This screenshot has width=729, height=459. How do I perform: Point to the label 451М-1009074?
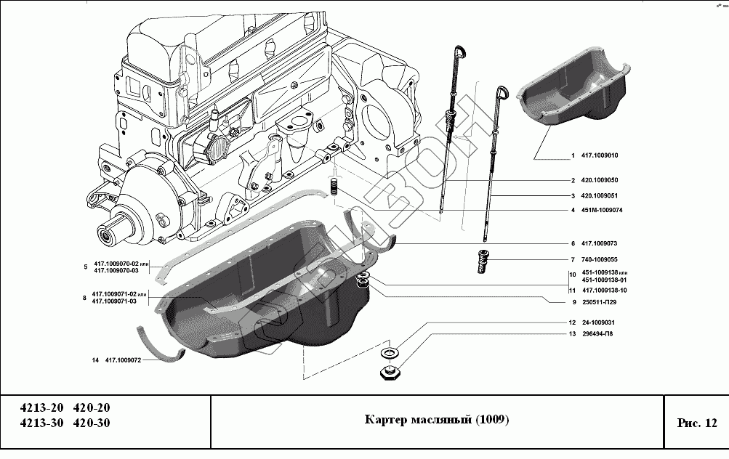[x=602, y=211]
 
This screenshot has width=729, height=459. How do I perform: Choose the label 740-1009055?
[x=599, y=259]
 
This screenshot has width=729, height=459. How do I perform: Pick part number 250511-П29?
[x=598, y=302]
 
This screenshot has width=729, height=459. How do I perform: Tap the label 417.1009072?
[x=123, y=360]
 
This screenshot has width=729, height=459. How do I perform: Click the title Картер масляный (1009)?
[x=436, y=421]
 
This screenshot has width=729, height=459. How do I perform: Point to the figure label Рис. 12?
[x=696, y=422]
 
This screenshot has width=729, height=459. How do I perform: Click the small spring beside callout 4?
[x=335, y=186]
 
